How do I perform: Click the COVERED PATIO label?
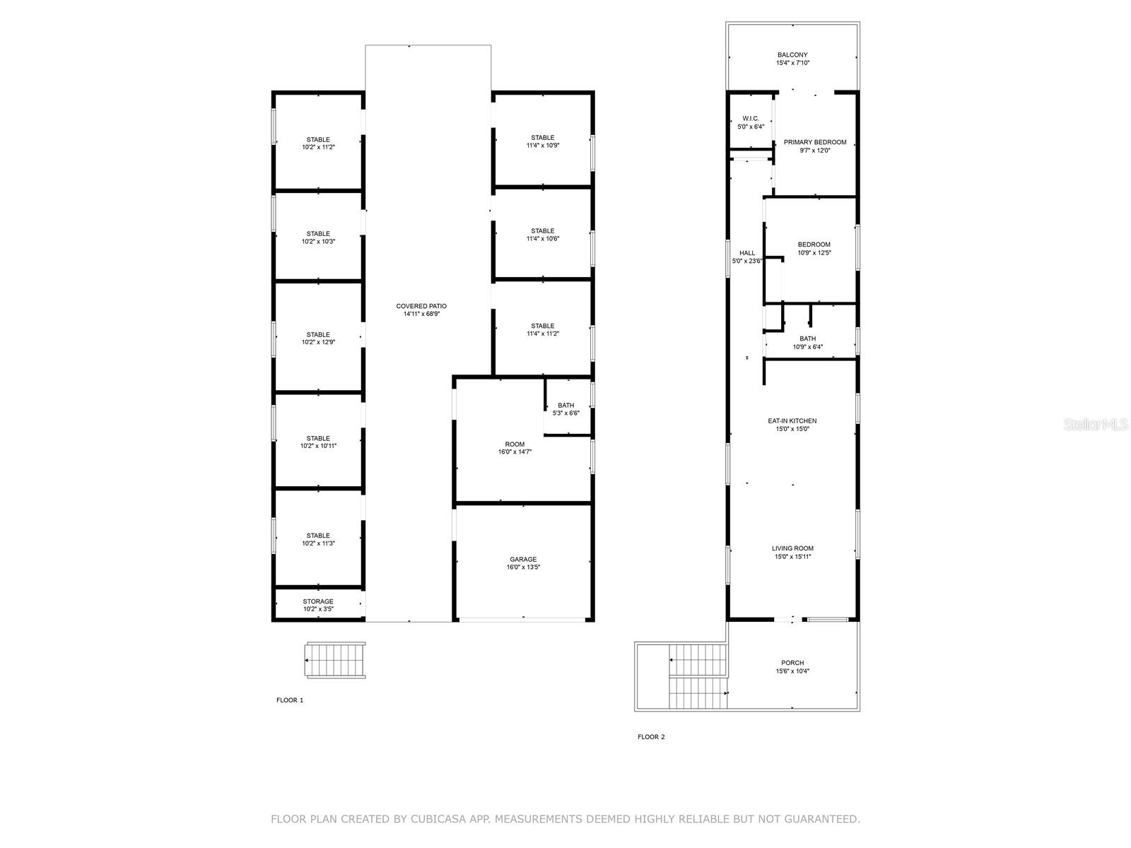point(421,310)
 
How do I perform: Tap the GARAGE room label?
point(523,563)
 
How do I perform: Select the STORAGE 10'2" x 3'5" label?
point(318,605)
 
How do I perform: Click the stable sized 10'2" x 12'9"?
point(318,338)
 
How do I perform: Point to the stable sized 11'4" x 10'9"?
point(543,141)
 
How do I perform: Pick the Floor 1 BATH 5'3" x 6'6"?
point(565,409)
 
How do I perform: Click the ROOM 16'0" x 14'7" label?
point(515,448)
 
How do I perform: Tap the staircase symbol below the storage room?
point(336,661)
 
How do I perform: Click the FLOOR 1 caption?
point(290,700)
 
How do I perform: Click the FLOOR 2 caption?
point(651,737)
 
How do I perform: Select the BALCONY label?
point(792,59)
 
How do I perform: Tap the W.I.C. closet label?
point(750,122)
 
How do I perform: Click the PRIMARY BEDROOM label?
point(815,146)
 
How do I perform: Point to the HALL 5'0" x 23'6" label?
point(747,257)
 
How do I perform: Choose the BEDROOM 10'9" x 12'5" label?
point(814,249)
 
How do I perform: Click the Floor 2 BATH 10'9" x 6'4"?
point(807,343)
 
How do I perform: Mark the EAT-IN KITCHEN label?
point(792,425)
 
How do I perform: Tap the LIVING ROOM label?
point(792,552)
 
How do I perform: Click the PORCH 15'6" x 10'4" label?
point(792,667)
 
